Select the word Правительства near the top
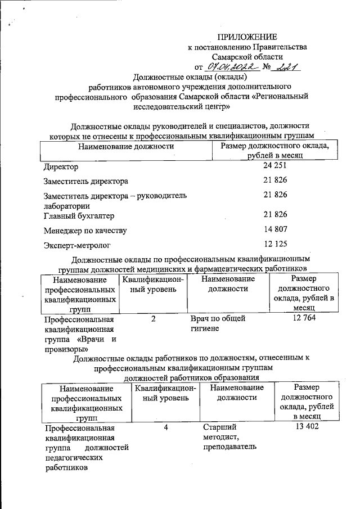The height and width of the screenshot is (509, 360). coord(280,47)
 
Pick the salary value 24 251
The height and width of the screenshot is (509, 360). coord(276,166)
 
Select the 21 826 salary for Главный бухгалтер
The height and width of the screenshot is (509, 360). coord(276,214)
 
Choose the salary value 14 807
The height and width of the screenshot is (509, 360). coord(276,229)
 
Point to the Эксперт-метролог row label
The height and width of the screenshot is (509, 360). coord(77,245)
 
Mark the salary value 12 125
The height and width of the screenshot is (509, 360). coord(276,245)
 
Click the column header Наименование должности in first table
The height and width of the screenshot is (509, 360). coord(126,146)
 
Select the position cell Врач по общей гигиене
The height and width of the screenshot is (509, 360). coord(218,323)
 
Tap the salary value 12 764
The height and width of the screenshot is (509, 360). coord(304,319)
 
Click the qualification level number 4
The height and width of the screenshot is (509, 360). coord(166,427)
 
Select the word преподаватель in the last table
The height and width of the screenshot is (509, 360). coord(230,447)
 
